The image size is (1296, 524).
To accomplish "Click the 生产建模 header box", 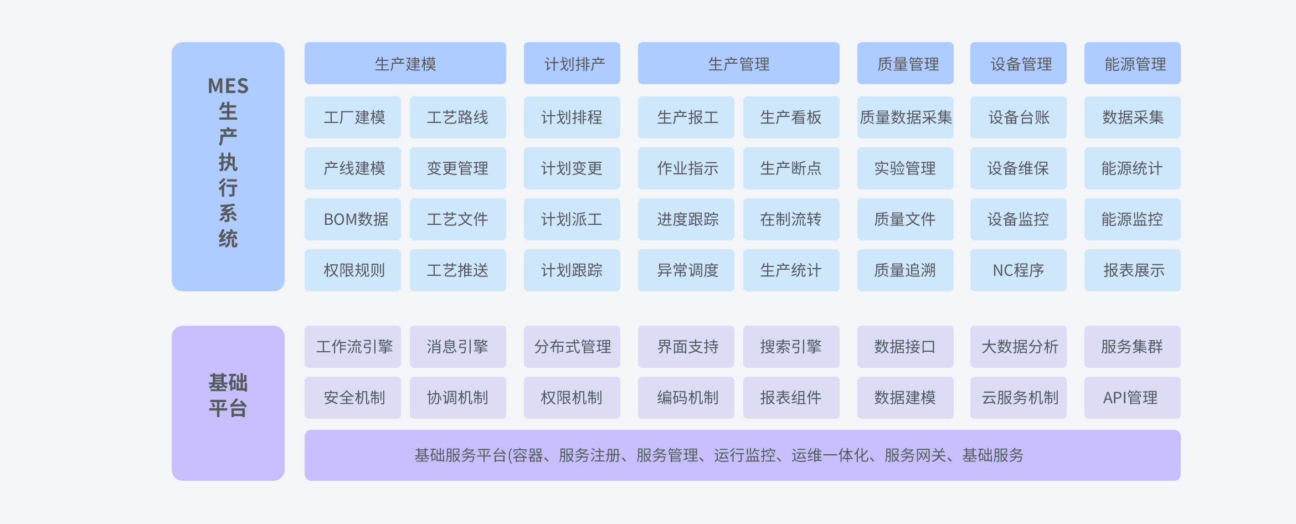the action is coord(405,63).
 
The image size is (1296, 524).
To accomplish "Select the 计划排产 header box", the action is coord(572,63).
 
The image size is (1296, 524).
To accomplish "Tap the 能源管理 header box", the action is coord(1133,63).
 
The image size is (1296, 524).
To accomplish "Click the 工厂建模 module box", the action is coord(353,117).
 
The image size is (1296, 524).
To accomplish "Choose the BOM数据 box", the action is coord(353,219).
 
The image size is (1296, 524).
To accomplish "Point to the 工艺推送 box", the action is coord(458,270).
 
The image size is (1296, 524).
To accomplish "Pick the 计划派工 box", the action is coord(572,219).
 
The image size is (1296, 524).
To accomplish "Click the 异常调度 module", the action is coord(686,270).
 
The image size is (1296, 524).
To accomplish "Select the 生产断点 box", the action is coord(791,168).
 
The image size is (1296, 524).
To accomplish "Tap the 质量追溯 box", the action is coord(906,270).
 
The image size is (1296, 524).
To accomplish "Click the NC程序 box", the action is coord(1019,270).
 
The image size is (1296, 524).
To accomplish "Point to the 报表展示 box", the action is coord(1133,270).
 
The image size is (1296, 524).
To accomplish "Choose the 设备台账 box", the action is coord(1019,117).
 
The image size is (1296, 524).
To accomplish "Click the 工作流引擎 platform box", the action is coord(353,347).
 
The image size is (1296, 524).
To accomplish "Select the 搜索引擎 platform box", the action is coord(791,347).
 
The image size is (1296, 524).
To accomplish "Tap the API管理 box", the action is coord(1133,398).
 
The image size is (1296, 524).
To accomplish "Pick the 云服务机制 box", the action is coord(1019,398).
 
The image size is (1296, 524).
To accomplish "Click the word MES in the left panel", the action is coord(228,86).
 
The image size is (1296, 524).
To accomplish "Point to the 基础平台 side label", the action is coord(228,395).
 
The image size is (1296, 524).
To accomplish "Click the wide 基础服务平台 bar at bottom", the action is coord(743,455).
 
